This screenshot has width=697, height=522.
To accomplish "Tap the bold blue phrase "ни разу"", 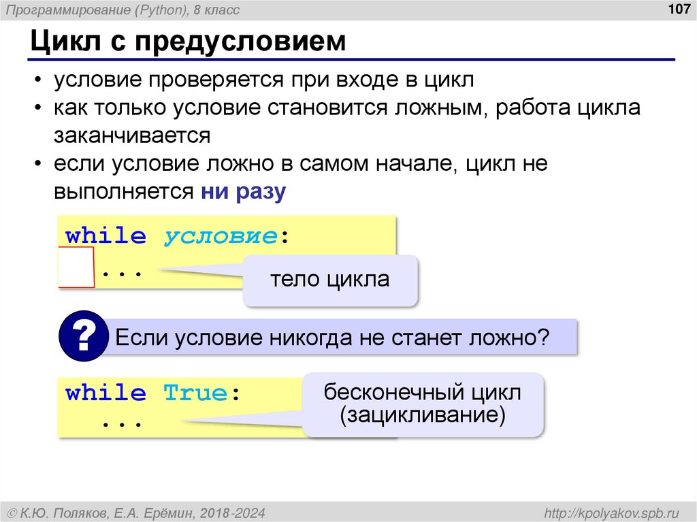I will point(244,191).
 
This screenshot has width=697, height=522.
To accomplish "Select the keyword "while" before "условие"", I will point(106,237).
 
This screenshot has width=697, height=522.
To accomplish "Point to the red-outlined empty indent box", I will point(76,268).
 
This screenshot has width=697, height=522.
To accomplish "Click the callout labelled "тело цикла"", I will point(330,280).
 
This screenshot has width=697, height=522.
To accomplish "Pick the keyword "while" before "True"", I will point(106,393).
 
